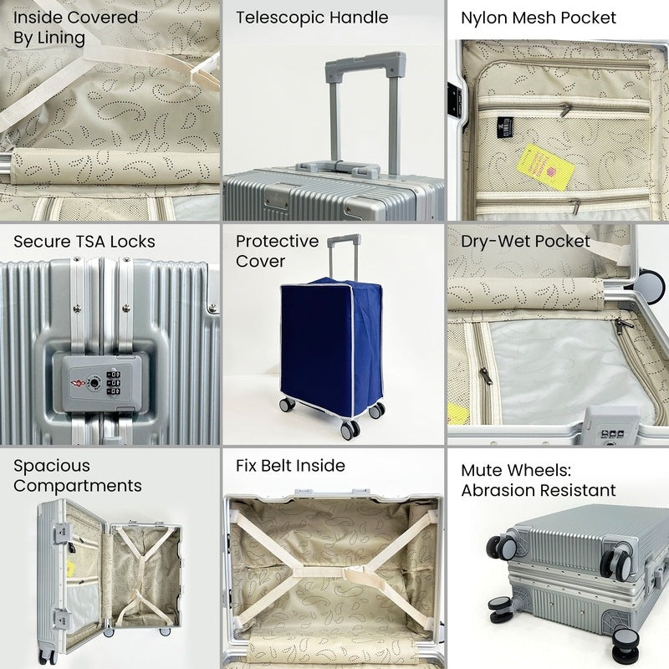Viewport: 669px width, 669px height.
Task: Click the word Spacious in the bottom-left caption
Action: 52,467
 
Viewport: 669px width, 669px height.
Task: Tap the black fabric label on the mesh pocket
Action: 505,127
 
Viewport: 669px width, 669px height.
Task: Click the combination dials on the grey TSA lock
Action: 113,383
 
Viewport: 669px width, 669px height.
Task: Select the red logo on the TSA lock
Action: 78,382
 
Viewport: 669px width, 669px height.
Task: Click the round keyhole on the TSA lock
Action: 94,383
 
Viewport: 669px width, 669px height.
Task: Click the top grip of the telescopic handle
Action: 365,64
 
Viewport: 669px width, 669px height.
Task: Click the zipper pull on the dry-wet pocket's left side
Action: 485,375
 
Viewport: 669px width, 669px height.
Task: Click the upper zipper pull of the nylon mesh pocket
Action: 565,110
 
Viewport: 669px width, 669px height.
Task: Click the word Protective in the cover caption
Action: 278,242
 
